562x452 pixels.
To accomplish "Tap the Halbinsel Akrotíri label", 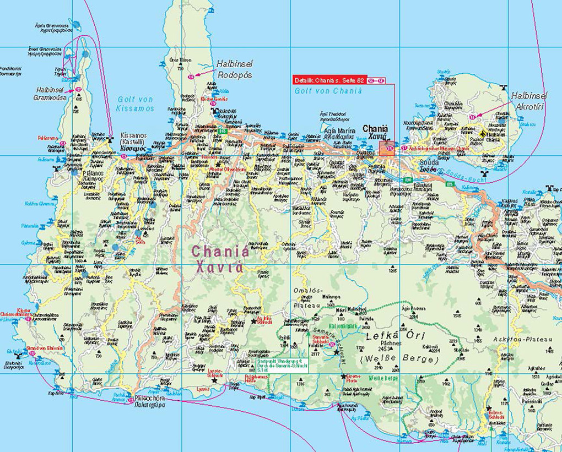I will (527, 100).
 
